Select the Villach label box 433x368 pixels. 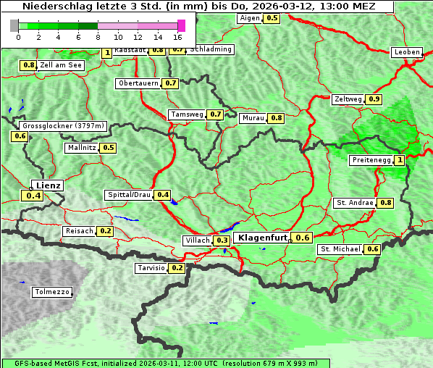(x=198, y=241)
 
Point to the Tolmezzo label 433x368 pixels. (x=52, y=293)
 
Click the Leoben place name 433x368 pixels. (x=406, y=52)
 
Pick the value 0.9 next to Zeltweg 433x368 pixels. (x=374, y=99)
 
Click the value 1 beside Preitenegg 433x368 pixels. (x=399, y=160)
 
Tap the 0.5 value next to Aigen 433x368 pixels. (x=272, y=18)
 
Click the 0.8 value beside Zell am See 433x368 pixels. (x=28, y=65)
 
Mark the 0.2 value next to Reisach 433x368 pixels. (x=105, y=231)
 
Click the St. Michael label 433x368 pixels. (x=340, y=249)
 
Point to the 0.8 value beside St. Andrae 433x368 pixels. (x=385, y=203)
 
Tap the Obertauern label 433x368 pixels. (x=138, y=83)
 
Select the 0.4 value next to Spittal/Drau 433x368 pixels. (x=163, y=195)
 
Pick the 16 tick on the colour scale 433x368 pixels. (x=178, y=36)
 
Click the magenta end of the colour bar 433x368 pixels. (x=181, y=25)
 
